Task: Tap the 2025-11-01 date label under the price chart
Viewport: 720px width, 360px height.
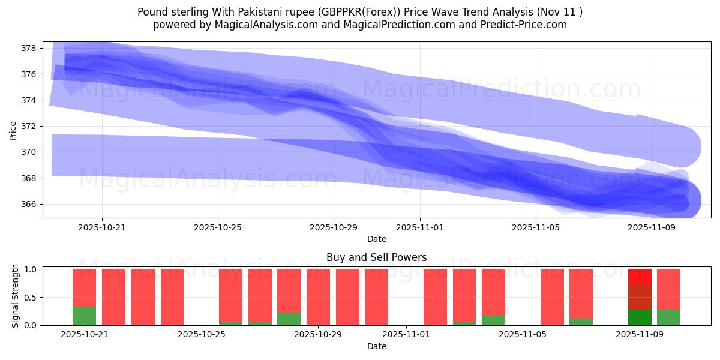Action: pos(420,227)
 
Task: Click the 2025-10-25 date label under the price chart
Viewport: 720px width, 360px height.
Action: pos(218,227)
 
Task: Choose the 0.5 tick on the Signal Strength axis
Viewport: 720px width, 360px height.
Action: pos(31,297)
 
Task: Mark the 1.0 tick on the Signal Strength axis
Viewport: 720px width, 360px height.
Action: pos(31,269)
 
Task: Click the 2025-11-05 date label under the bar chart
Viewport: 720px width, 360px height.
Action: pos(523,335)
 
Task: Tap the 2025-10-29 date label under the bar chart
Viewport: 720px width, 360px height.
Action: pos(319,335)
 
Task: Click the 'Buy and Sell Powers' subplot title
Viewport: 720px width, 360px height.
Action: pos(376,257)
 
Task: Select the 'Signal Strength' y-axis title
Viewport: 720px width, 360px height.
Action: pos(16,296)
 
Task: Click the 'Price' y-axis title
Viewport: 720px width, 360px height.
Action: pos(13,130)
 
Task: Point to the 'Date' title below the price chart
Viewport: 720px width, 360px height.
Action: pos(376,239)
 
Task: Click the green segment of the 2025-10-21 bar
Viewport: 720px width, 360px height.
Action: pos(84,316)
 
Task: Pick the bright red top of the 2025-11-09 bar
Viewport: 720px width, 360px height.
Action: pos(640,277)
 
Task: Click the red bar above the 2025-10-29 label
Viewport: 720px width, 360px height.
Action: pos(318,297)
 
